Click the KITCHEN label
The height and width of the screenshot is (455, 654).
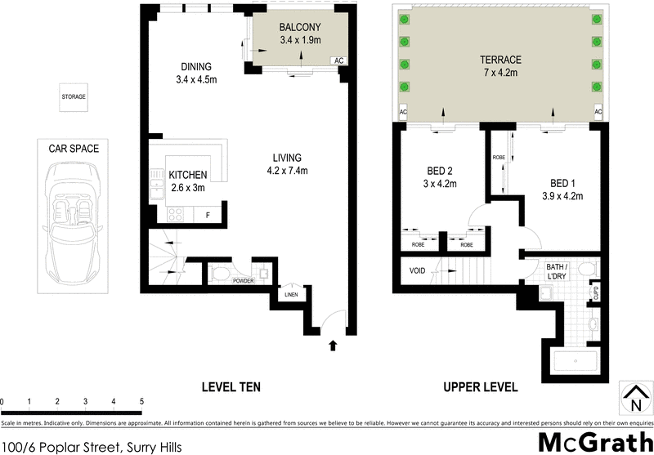[x=187, y=175]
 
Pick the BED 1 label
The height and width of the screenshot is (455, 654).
[x=561, y=183]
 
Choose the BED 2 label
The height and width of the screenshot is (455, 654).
[x=440, y=172]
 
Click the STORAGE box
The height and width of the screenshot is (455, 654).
[x=74, y=97]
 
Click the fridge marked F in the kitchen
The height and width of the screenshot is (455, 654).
[x=208, y=215]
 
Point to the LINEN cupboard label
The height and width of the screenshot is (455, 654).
[x=291, y=295]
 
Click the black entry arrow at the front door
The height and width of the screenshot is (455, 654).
[x=332, y=346]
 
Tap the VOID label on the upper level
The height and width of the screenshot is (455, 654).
[x=417, y=271]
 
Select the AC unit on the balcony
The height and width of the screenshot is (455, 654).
[x=338, y=60]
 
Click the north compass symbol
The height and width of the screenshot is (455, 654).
[x=634, y=398]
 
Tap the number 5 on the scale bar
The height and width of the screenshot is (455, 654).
[x=141, y=402]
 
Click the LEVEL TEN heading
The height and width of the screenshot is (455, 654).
[x=231, y=386]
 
